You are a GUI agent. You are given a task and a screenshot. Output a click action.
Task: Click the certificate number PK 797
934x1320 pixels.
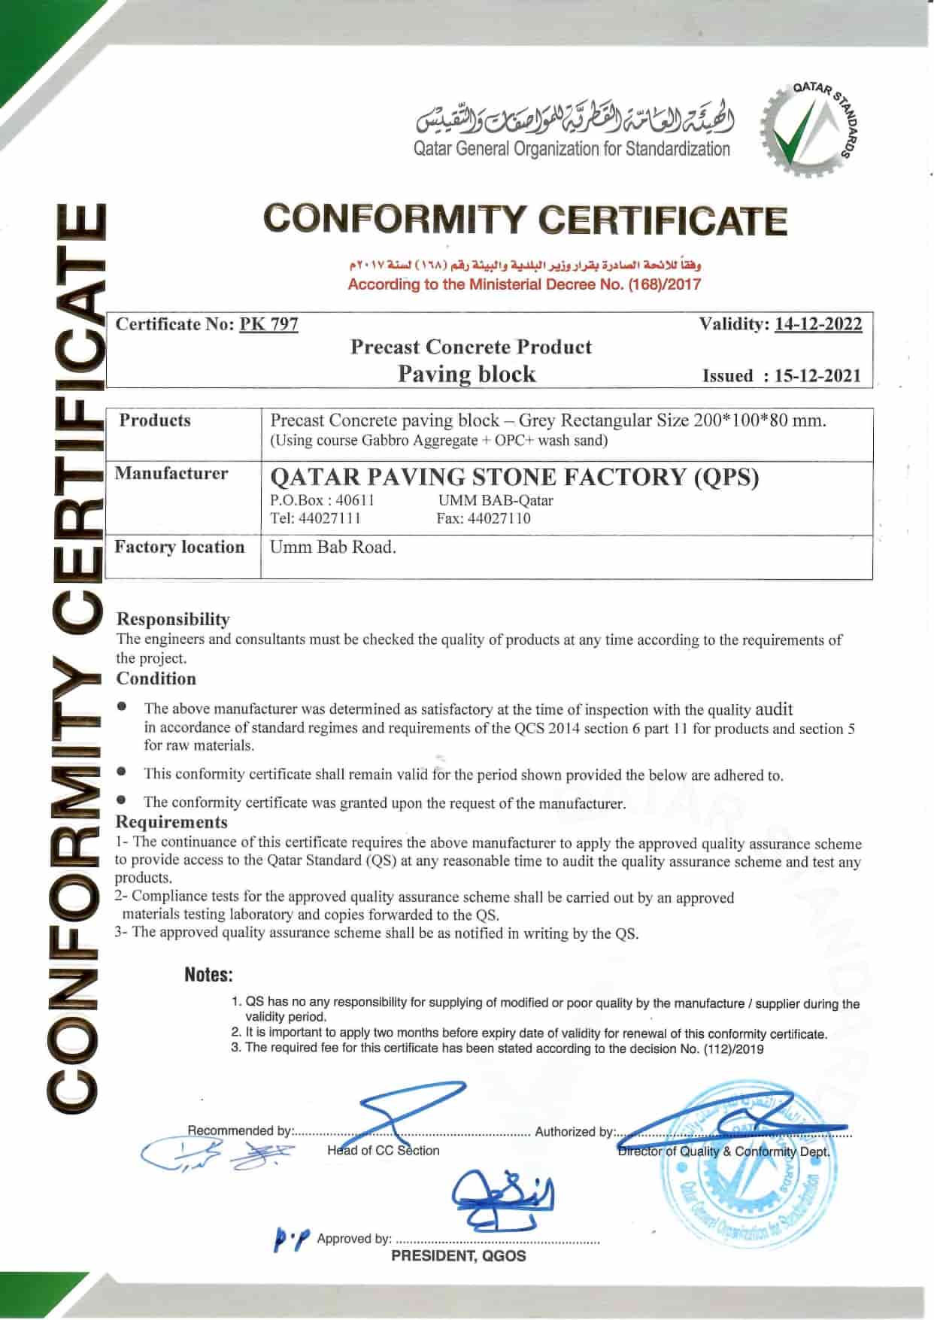click(268, 324)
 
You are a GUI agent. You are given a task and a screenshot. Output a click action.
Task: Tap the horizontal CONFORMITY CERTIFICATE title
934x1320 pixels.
click(525, 220)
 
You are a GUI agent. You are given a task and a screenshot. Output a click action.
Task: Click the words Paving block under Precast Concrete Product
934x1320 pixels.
click(466, 374)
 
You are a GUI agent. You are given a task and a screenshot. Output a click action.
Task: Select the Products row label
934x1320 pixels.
click(155, 420)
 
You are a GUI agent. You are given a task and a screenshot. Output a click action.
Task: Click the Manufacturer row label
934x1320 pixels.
click(171, 473)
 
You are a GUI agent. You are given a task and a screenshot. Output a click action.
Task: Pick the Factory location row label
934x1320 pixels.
click(180, 547)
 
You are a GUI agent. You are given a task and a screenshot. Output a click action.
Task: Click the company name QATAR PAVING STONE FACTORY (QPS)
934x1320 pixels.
click(514, 477)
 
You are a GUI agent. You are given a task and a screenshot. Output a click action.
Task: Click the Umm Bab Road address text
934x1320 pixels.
click(333, 547)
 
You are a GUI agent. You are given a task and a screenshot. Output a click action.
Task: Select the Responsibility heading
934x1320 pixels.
click(173, 619)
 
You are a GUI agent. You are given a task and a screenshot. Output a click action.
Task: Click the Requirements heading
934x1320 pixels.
click(171, 822)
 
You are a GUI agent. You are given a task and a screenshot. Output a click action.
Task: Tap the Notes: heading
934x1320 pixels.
click(208, 975)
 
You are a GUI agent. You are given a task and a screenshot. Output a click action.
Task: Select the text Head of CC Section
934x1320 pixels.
click(383, 1150)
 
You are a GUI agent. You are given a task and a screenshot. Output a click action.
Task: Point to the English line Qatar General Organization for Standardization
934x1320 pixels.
click(572, 149)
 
